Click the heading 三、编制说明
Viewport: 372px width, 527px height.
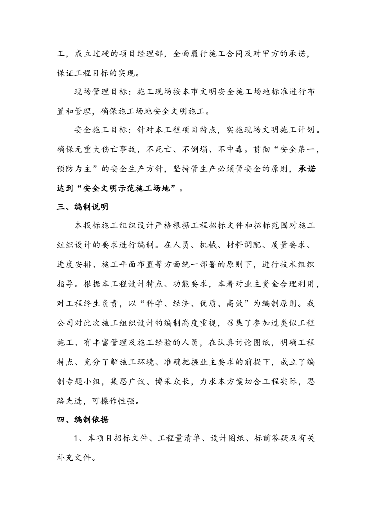coord(83,207)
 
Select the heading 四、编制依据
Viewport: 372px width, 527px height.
coord(83,420)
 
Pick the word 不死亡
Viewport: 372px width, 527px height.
coord(159,150)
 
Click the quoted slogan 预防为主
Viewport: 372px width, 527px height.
coord(75,169)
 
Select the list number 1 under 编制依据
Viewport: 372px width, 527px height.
coord(77,438)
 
